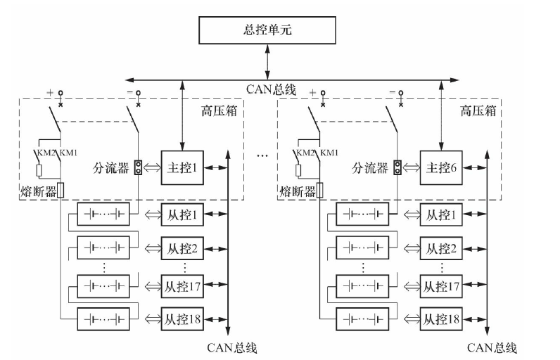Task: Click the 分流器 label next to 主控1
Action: click(112, 169)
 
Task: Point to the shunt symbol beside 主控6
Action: click(397, 168)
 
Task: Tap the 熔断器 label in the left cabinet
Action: click(37, 191)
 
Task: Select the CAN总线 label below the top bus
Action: click(272, 90)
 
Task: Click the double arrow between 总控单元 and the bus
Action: click(267, 59)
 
